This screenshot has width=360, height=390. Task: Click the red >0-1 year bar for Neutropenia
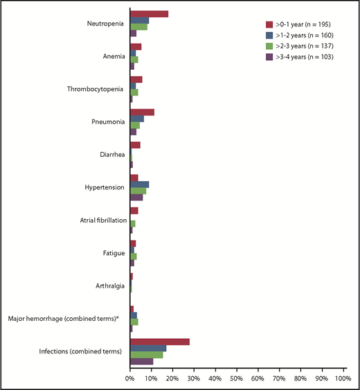point(149,14)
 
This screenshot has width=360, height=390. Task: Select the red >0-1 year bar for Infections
point(159,342)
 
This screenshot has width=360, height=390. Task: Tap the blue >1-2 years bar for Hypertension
point(139,184)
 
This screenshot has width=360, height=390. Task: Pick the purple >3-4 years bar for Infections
point(141,361)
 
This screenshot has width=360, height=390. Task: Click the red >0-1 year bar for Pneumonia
point(142,112)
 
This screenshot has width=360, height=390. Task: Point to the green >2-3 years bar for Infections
point(146,355)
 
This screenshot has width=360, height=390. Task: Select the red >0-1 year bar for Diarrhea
point(135,145)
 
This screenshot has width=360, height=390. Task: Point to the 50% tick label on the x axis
point(237,378)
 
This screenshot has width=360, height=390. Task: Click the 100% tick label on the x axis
point(343,378)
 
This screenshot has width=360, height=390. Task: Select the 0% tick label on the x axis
point(130,378)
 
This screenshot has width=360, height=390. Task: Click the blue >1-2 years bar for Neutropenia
point(139,20)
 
